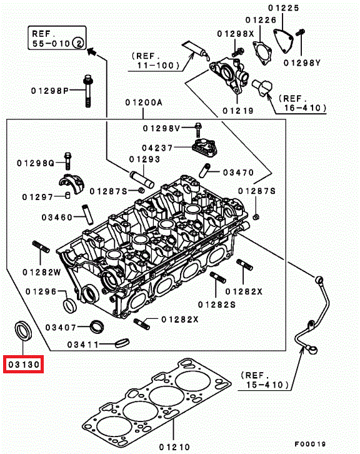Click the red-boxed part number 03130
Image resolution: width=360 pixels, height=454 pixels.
point(24,364)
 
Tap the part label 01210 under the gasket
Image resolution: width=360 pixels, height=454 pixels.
point(174,446)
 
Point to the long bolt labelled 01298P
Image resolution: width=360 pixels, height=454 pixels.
point(88,91)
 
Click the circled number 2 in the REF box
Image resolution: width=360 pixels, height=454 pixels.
point(78,43)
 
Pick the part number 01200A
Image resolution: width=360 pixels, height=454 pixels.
point(144,102)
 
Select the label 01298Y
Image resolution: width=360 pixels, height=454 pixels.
point(302,63)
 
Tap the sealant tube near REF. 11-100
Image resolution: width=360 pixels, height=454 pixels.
point(196,51)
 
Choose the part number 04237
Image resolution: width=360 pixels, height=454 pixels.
point(157,148)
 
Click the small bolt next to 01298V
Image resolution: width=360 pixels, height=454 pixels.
point(198,129)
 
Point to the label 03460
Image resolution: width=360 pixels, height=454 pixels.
point(57,217)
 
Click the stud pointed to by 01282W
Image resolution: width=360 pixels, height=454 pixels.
point(41,246)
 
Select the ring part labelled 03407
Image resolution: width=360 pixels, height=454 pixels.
point(96,326)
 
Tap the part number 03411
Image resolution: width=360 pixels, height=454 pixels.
point(82,345)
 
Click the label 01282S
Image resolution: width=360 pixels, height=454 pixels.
point(217,305)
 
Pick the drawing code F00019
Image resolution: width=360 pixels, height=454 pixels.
point(310,444)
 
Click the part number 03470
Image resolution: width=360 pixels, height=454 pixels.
point(238,173)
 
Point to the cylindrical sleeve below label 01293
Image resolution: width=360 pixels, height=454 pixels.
point(141,179)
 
